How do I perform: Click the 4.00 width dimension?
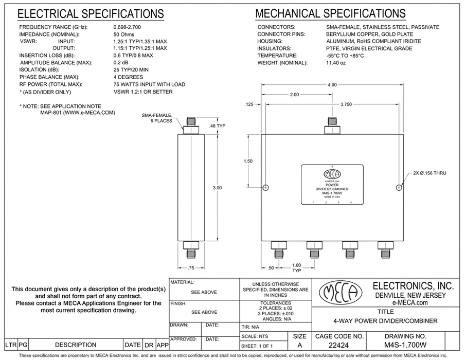tap(332, 84)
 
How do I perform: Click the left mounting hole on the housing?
tap(265, 188)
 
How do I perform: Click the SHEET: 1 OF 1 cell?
tap(260, 346)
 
